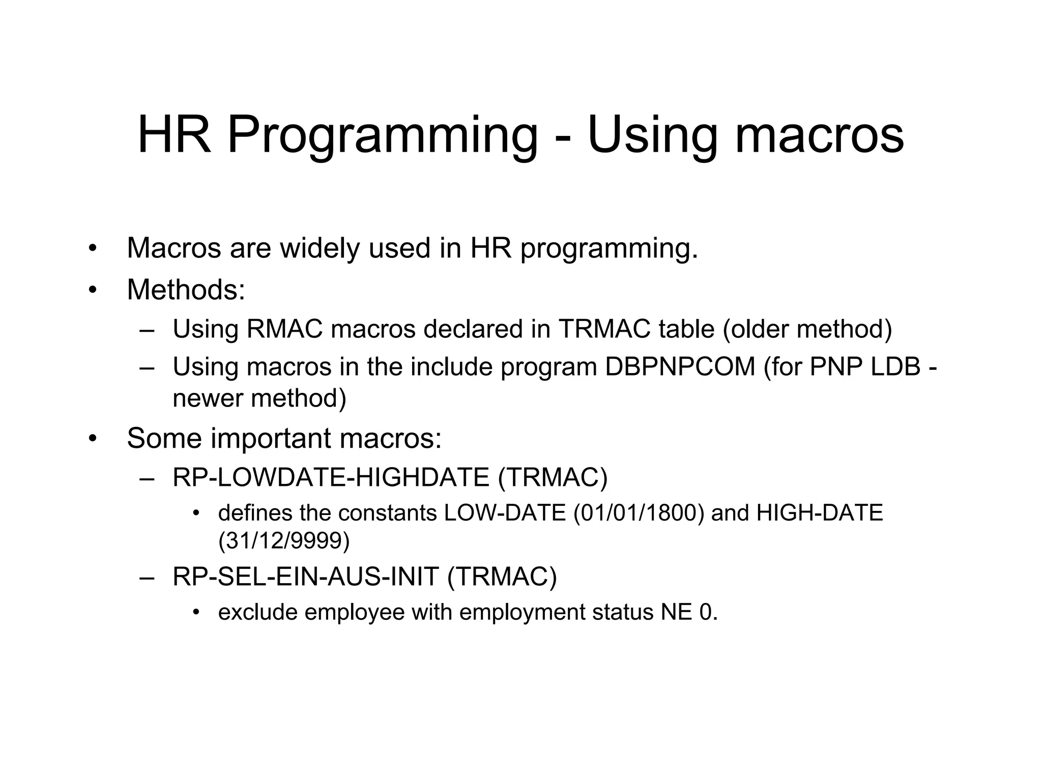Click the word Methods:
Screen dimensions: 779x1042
(x=186, y=290)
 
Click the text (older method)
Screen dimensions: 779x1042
(x=807, y=329)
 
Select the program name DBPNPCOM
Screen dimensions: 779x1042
(x=680, y=367)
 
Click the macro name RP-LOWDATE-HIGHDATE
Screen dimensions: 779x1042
(x=331, y=478)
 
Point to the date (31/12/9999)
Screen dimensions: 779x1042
(x=284, y=541)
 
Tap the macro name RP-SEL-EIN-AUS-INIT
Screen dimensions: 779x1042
(x=305, y=577)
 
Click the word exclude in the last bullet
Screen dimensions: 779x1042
(x=257, y=612)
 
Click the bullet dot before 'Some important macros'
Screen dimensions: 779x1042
(x=92, y=439)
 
